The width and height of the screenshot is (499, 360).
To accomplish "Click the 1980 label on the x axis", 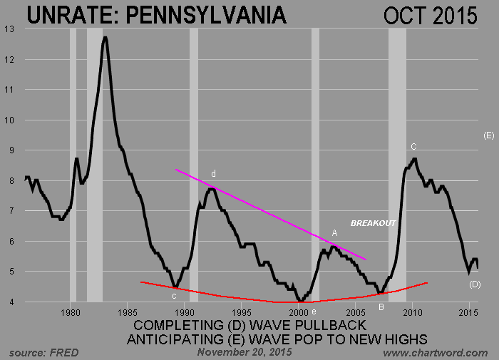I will tap(71, 312).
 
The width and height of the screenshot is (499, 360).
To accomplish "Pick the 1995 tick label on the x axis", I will tap(242, 312).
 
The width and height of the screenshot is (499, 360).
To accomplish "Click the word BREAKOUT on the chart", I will tap(372, 223).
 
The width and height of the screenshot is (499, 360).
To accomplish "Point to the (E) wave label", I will tap(488, 135).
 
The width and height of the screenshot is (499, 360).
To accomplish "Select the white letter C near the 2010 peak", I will tap(413, 146).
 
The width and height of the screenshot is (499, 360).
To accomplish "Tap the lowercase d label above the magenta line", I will tap(212, 174).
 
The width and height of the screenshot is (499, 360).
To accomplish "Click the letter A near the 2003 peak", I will tap(334, 233).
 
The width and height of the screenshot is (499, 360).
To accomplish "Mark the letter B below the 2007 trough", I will tap(381, 307).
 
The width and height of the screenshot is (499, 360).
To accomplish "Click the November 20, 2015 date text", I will tap(239, 352).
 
